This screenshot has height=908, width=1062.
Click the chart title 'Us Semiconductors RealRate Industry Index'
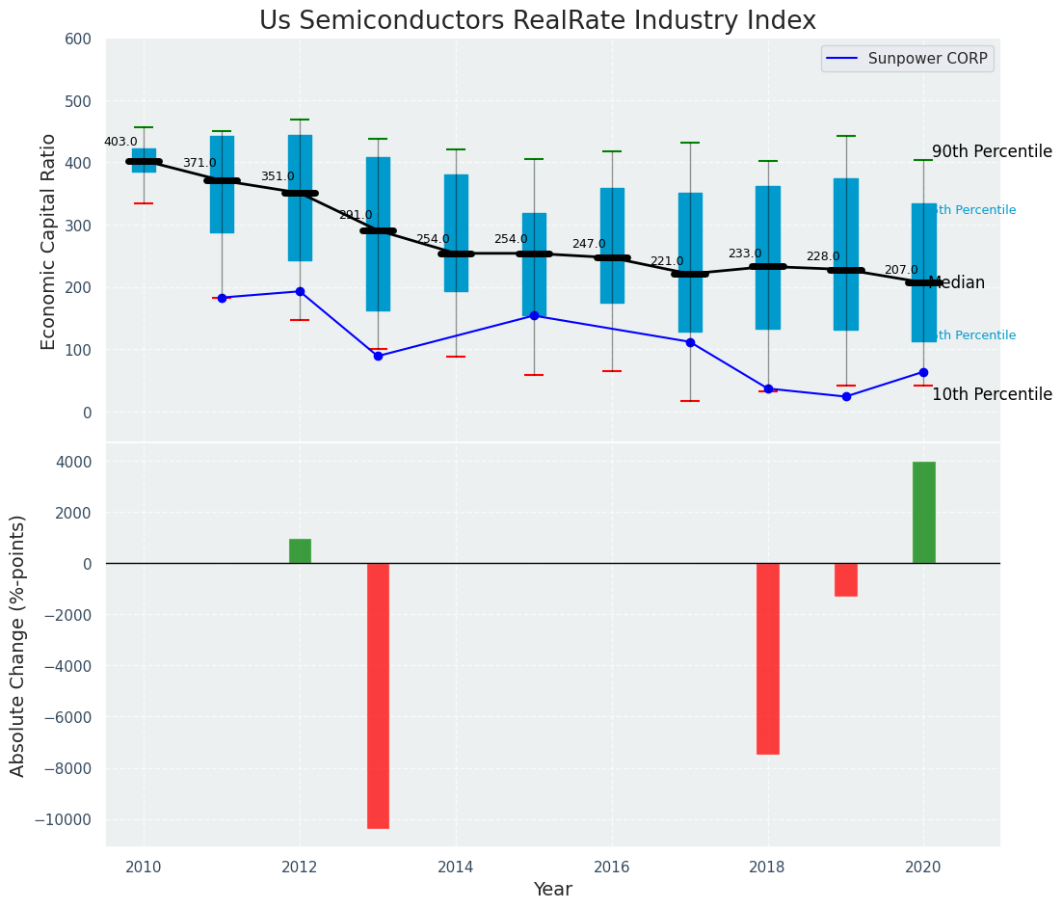coord(537,21)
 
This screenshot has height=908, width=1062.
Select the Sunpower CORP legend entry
coord(907,59)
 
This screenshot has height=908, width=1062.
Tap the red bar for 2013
coord(378,695)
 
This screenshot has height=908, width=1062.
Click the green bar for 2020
coord(923,513)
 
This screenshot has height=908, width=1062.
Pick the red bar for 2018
coord(767,658)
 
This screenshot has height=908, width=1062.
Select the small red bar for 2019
coord(845,579)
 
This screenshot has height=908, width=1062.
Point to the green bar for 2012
coord(300,551)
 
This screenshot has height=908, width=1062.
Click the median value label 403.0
coord(120,142)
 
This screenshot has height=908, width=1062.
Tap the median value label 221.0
coord(666,261)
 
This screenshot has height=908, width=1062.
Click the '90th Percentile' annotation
coord(991,152)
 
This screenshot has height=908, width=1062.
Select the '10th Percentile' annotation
coord(991,395)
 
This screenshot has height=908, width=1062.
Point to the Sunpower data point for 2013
coord(378,356)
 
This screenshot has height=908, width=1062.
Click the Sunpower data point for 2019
coord(845,396)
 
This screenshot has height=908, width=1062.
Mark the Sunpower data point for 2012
coord(300,291)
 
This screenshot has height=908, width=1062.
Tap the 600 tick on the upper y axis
coord(78,40)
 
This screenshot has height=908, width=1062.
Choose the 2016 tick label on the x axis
coord(611,866)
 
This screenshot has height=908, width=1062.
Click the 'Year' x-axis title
coord(552,890)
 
